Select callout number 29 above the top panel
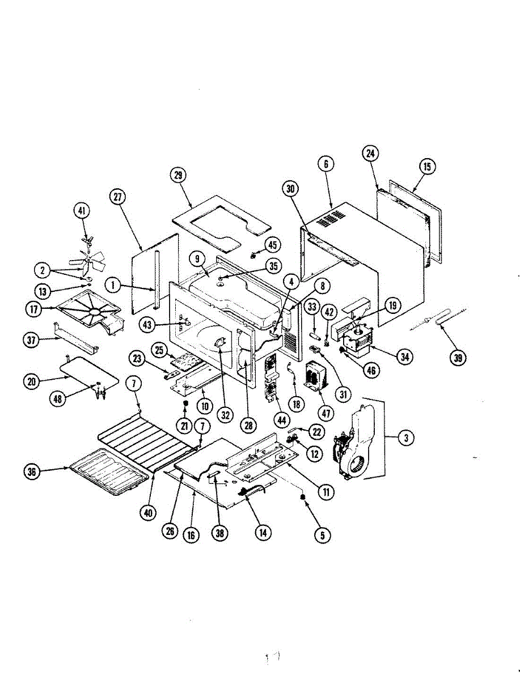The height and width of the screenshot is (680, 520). click(179, 175)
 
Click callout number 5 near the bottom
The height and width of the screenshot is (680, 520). click(322, 534)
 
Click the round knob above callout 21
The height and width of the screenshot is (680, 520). click(184, 403)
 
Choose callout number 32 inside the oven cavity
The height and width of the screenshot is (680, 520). click(226, 414)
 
